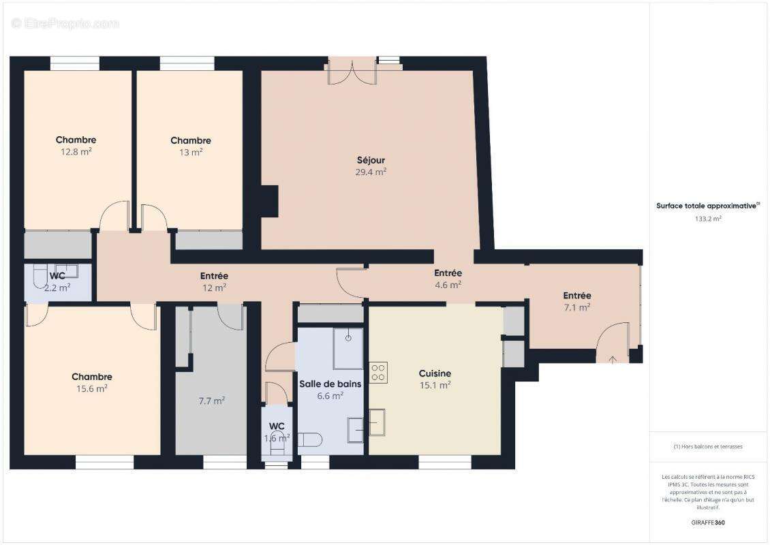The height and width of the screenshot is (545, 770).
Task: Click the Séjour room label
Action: pos(371,160)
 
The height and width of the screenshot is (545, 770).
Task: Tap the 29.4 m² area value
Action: pos(371,172)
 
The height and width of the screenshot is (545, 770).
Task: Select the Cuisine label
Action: pos(435,373)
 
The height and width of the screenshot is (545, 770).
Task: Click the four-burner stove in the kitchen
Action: pos(378,372)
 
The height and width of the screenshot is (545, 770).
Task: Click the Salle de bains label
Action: pos(330,384)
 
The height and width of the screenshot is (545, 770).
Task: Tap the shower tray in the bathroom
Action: pos(348,349)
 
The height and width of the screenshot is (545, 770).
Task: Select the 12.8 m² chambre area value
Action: pos(76,152)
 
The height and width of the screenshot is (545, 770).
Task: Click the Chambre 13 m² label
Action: pos(191,140)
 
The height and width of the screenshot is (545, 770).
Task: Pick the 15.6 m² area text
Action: pos(92,388)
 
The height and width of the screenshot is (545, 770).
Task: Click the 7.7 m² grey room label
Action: pos(211,401)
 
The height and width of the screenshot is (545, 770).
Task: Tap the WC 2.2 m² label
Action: pos(57,276)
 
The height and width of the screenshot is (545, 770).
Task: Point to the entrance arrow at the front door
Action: pos(612,359)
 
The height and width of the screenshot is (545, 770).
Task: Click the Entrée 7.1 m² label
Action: pos(576,296)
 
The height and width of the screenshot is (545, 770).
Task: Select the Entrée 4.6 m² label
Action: pos(448,273)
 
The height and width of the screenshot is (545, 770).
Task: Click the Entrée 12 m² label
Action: pos(214,276)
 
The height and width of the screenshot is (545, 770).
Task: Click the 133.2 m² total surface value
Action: pos(708,219)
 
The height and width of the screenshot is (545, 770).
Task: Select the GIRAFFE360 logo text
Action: pos(708,522)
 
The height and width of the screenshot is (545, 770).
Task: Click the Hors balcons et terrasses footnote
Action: pos(708,446)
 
